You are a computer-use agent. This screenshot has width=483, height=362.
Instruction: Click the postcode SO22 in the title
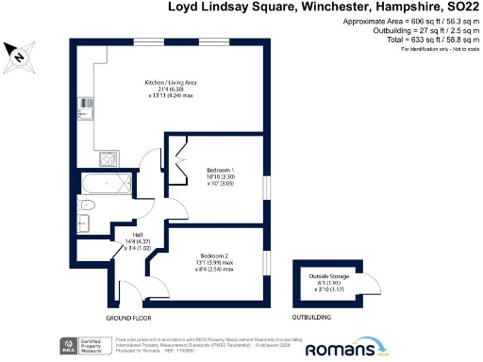pos(459,7)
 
